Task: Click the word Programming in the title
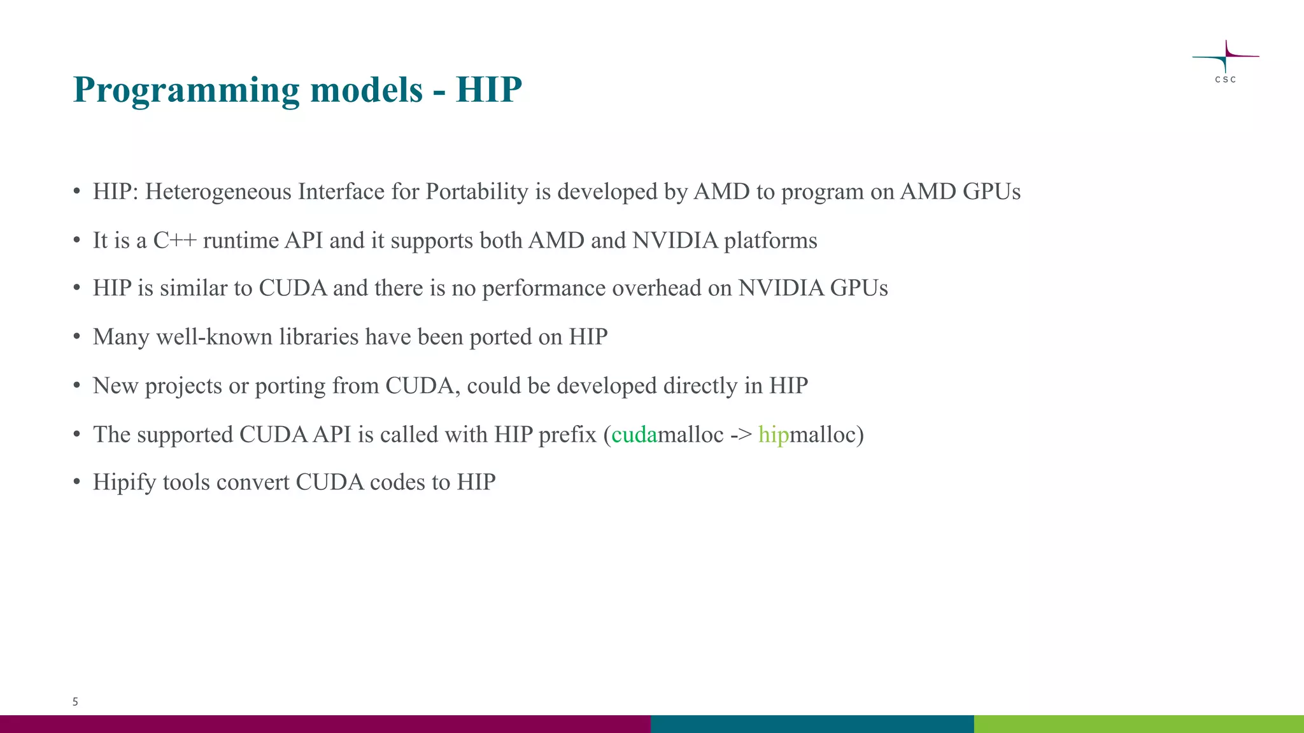[186, 90]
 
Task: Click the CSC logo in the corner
[1225, 61]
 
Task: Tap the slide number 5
[75, 702]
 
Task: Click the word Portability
[477, 192]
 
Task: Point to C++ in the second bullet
[174, 241]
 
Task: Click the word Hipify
[124, 482]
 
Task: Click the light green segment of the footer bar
[1138, 724]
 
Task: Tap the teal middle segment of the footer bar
[812, 724]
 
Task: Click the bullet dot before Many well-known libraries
[76, 337]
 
